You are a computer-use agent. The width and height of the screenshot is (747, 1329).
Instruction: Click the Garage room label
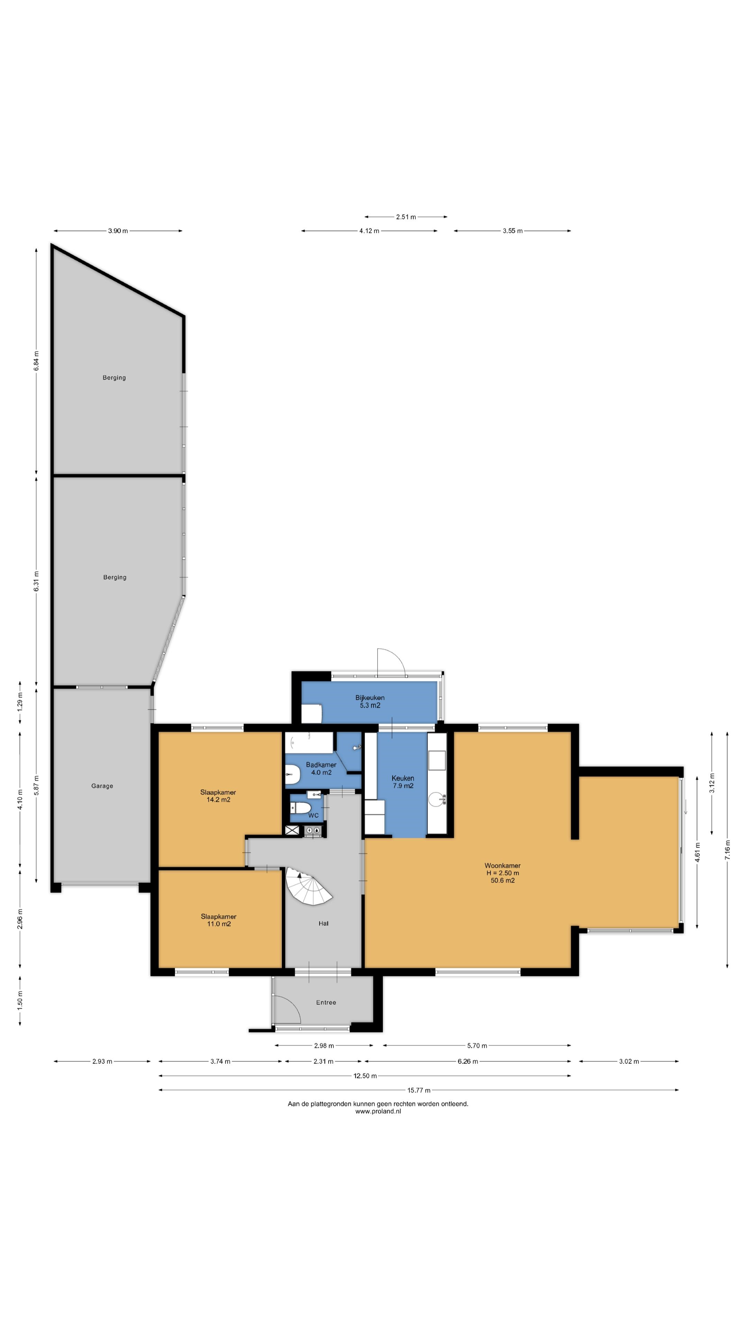102,786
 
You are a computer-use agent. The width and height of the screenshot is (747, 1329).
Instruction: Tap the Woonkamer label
502,866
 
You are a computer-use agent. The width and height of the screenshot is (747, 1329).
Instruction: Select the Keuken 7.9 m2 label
403,781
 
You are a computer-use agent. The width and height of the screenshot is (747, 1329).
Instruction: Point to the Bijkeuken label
370,697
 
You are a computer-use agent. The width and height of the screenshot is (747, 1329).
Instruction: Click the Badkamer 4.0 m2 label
321,768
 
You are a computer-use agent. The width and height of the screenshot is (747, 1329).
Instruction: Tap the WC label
313,816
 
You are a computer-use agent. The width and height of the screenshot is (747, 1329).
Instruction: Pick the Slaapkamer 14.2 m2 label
218,796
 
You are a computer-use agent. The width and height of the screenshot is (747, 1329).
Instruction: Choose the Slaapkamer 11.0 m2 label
219,920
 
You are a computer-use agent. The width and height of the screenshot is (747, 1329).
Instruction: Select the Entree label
326,1002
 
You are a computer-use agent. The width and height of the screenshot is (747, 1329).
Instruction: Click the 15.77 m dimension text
418,1090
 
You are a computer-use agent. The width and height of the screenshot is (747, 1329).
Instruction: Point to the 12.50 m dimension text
365,1076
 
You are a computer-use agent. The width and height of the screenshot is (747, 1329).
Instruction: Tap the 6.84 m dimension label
36,361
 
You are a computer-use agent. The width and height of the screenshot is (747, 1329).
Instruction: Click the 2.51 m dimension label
406,217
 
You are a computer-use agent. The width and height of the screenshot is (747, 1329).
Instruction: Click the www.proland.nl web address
378,1111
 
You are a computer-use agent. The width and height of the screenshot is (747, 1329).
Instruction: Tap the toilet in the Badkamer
292,775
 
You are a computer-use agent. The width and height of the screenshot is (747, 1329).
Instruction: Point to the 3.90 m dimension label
118,230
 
